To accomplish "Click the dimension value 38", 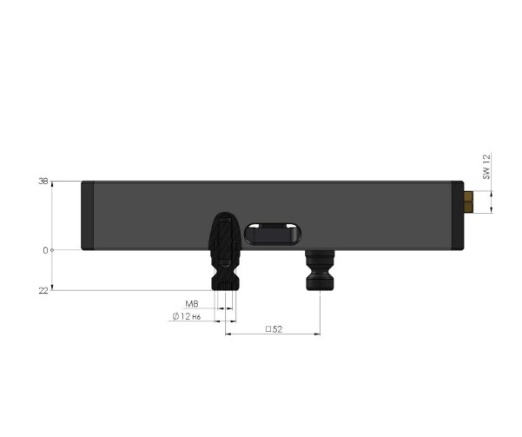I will pyautogui.click(x=42, y=182).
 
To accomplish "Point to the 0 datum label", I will pyautogui.click(x=44, y=250).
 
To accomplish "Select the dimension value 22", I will pyautogui.click(x=42, y=290).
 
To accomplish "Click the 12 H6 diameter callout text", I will pyautogui.click(x=192, y=317).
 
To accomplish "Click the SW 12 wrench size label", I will pyautogui.click(x=487, y=166).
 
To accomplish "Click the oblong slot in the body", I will pyautogui.click(x=273, y=235).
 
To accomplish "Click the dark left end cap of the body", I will pyautogui.click(x=86, y=215).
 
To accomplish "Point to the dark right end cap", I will pyautogui.click(x=458, y=215).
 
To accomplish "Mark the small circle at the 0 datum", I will pyautogui.click(x=53, y=250).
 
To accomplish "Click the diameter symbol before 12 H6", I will pyautogui.click(x=176, y=317).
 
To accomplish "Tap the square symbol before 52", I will pyautogui.click(x=267, y=330).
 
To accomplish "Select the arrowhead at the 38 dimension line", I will pyautogui.click(x=53, y=185).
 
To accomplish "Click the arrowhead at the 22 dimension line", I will pyautogui.click(x=53, y=287).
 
